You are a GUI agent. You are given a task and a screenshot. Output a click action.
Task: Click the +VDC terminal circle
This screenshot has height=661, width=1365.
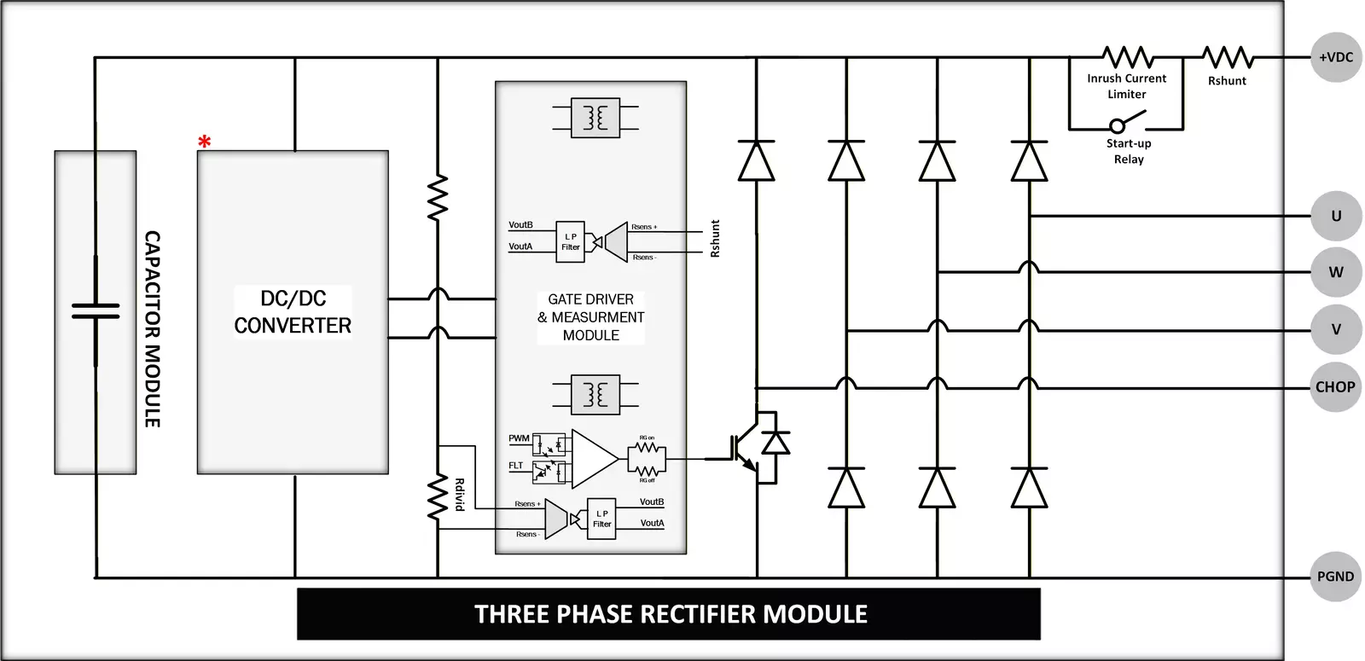[x=1335, y=57]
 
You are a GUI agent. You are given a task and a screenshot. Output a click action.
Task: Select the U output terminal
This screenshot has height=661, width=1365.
[x=1335, y=216]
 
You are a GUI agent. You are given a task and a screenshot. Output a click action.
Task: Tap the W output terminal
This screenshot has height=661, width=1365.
[x=1335, y=272]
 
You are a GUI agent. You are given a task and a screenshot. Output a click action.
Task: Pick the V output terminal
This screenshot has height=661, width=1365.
[x=1335, y=329]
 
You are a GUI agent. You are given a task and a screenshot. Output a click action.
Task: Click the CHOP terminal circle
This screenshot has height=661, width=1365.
[x=1335, y=386]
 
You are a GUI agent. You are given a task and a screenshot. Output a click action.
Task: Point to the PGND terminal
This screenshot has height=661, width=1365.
[x=1335, y=577]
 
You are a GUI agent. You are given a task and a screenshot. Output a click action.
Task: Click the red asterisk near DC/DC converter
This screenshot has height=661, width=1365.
[x=204, y=142]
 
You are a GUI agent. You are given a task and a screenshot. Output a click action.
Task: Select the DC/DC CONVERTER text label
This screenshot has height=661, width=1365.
[x=293, y=312]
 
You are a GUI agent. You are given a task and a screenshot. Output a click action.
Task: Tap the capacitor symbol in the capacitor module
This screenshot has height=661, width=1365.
[x=96, y=310]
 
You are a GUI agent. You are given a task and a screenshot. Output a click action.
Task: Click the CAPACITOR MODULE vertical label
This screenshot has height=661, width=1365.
[x=152, y=328]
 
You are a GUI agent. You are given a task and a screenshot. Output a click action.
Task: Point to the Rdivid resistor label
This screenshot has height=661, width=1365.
[x=459, y=495]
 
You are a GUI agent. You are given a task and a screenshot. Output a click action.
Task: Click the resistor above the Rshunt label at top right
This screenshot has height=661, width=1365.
[x=1228, y=58]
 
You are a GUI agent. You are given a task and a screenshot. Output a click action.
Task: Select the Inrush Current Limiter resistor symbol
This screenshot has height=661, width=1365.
[x=1128, y=58]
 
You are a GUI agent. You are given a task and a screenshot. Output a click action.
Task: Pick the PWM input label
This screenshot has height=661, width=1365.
[x=519, y=438]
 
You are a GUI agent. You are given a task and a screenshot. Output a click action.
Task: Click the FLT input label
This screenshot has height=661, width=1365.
[x=516, y=466]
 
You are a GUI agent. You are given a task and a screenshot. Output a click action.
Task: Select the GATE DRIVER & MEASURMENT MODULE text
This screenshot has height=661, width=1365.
[x=591, y=317]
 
